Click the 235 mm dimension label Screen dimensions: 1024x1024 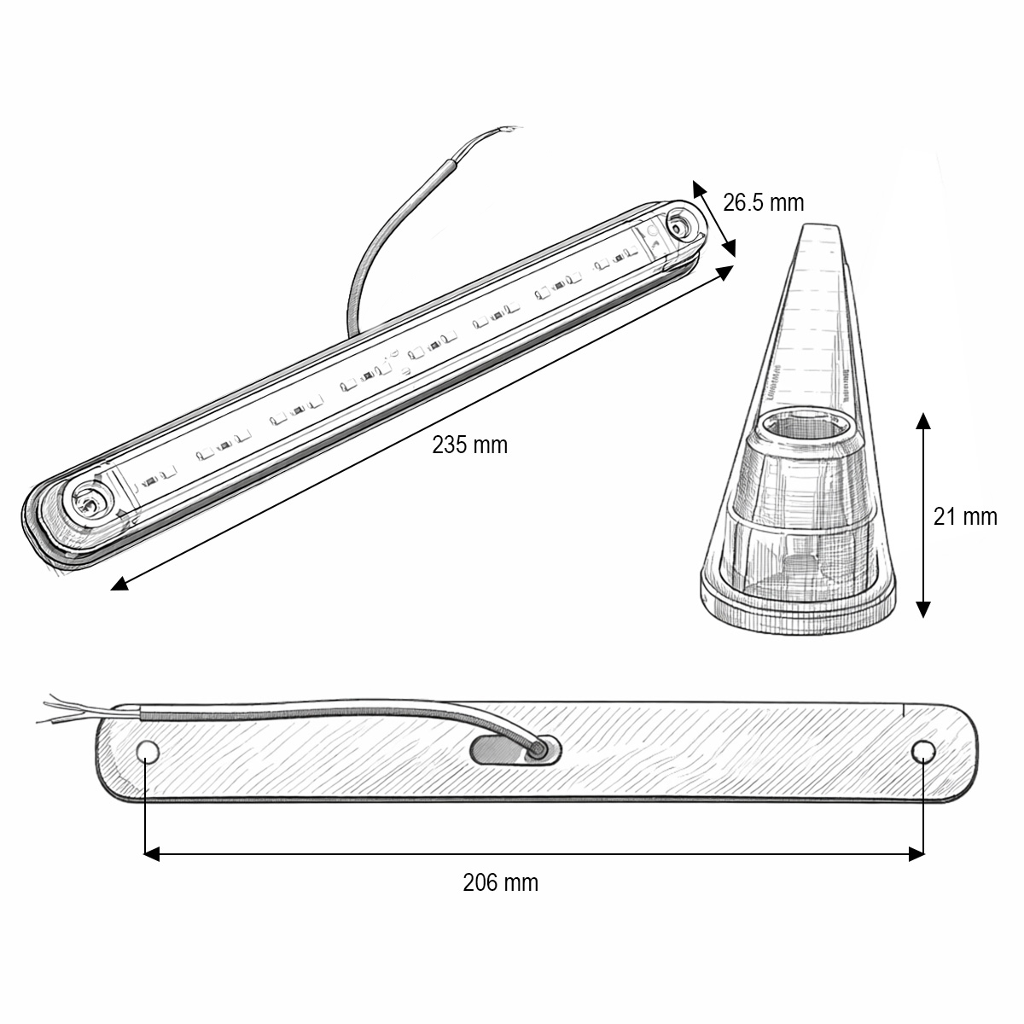coord(469,445)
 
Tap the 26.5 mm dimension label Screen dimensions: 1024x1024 coord(763,202)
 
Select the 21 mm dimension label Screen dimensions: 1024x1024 coord(964,516)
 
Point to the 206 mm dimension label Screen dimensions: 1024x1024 coord(500,881)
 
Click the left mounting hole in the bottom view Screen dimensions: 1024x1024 coord(148,751)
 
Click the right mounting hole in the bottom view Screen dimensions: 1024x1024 coord(922,751)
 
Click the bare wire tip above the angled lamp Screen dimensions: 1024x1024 coord(508,131)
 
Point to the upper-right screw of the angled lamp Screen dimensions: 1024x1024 coord(679,227)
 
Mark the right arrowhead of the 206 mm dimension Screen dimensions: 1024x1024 coord(917,852)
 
